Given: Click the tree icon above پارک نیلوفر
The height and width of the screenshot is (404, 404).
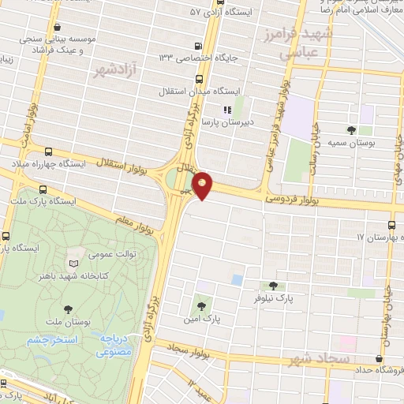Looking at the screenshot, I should coord(272,286).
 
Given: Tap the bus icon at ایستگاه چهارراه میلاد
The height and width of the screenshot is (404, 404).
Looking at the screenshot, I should coord(49,151).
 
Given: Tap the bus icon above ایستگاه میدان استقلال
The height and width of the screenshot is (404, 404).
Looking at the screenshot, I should coord(198,78).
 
